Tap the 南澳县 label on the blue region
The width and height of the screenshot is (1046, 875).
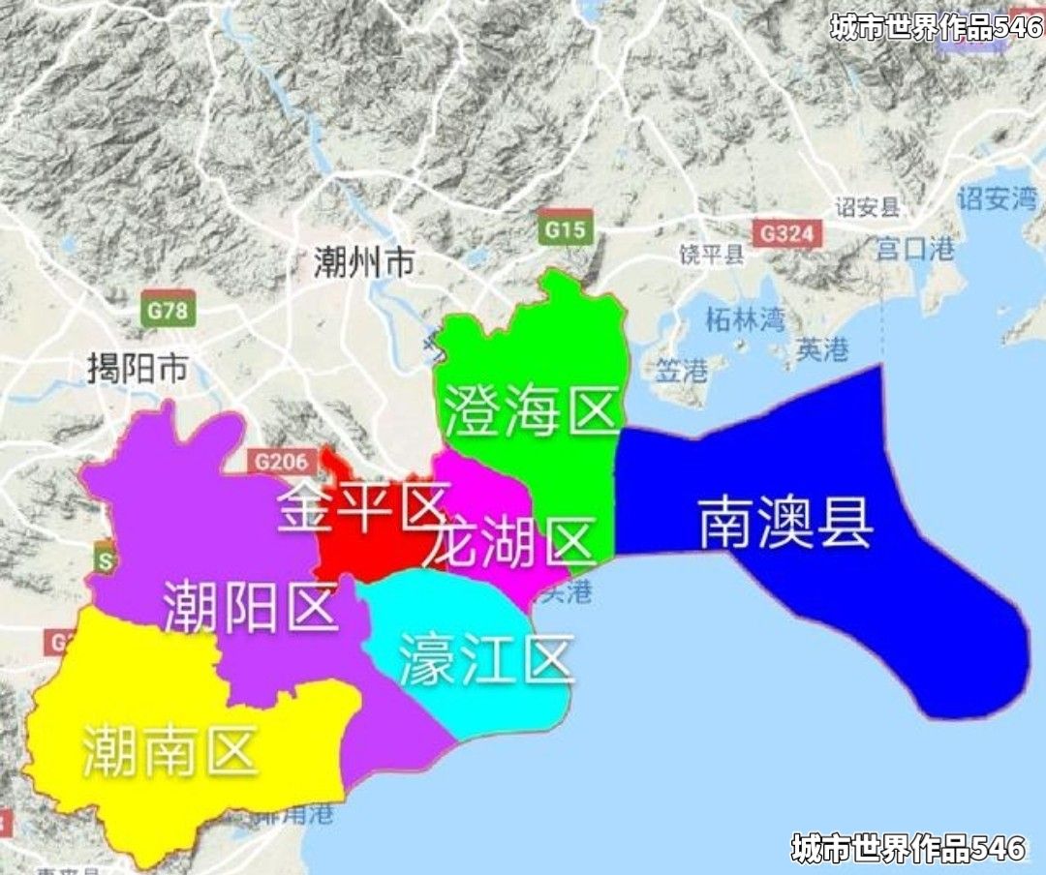(785, 523)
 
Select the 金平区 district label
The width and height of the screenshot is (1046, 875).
(361, 505)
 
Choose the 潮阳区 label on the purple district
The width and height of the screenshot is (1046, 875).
(250, 607)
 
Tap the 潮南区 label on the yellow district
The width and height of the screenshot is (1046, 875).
(169, 752)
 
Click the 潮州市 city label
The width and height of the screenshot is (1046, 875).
(364, 261)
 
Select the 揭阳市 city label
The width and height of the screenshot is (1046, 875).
(137, 369)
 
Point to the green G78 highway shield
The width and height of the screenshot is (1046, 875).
(168, 312)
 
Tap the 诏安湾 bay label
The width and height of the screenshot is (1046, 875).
(997, 199)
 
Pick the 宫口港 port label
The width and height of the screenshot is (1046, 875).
(915, 249)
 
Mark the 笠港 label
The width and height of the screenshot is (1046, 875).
(682, 369)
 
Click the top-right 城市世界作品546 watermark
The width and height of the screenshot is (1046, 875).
(935, 27)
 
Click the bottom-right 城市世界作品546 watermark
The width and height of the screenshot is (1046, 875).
(908, 849)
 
